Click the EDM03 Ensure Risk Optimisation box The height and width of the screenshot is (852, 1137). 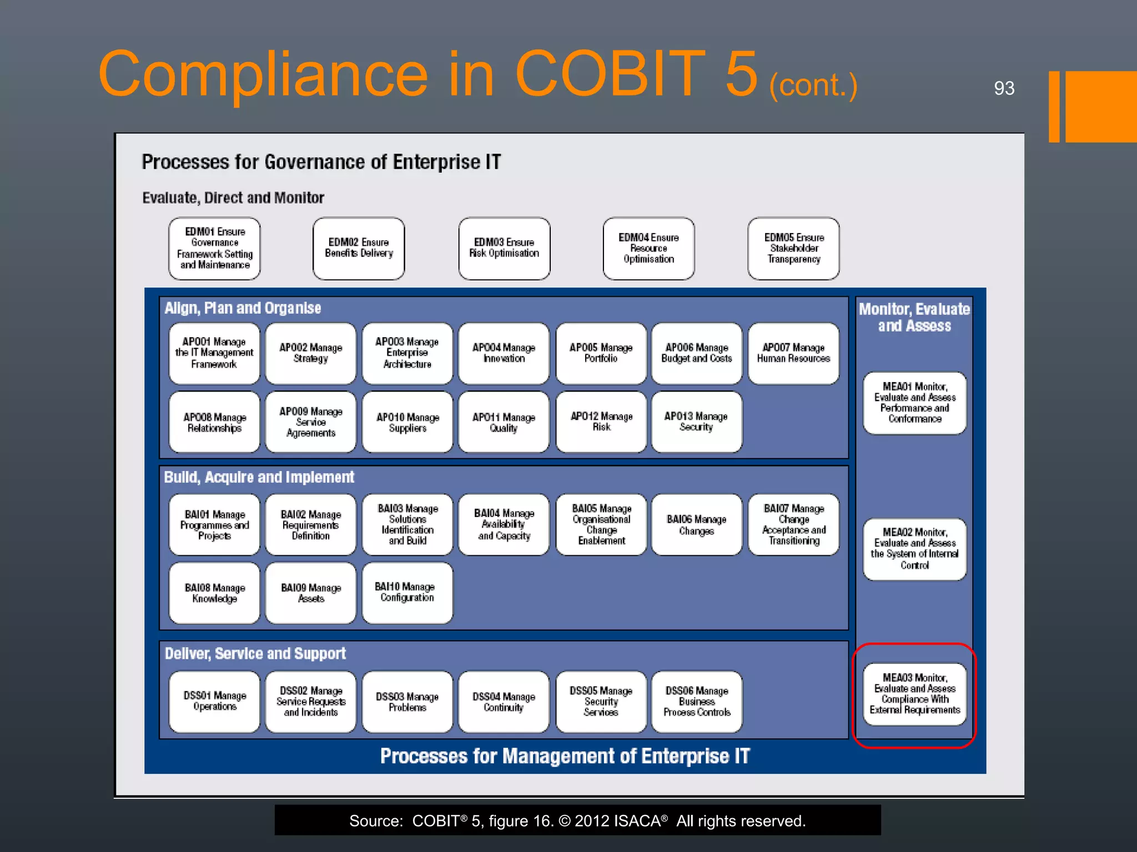[x=504, y=248]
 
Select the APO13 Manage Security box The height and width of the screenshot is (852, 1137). [x=696, y=422]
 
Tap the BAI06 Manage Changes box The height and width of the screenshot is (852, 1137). [x=696, y=525]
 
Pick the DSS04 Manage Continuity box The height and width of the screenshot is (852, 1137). [x=504, y=702]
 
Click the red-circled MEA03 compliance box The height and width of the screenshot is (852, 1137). [x=914, y=694]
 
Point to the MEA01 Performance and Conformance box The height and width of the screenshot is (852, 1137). [x=914, y=403]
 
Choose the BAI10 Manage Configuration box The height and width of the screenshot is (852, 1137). [x=407, y=592]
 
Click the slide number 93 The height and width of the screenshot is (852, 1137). [x=1004, y=88]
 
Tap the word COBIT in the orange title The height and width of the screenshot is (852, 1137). [x=610, y=74]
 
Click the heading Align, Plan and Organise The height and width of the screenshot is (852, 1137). [x=243, y=308]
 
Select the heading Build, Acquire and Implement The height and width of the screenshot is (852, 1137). [x=259, y=478]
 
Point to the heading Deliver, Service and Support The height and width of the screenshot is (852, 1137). [x=255, y=653]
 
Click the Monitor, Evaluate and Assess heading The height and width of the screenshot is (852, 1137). [x=914, y=317]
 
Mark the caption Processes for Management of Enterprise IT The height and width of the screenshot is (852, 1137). [x=565, y=756]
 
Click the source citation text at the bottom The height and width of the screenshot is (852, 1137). [x=577, y=821]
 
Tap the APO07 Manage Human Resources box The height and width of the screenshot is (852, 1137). [x=793, y=353]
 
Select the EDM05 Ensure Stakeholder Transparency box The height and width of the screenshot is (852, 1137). [x=793, y=248]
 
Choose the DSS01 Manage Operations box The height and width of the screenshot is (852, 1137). [x=214, y=702]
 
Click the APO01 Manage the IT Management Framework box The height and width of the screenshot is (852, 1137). [x=214, y=353]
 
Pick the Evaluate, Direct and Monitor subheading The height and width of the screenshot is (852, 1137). [x=233, y=198]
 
